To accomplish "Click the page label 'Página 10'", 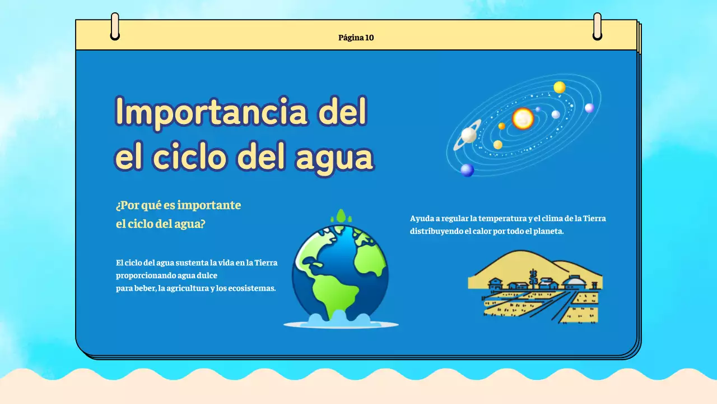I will click(x=356, y=38).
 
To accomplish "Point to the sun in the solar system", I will click(x=523, y=118).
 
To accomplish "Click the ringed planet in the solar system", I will click(x=469, y=135).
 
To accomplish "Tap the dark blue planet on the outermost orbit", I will click(x=467, y=169).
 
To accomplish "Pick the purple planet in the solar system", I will click(x=589, y=108).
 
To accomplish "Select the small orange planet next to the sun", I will click(x=502, y=126).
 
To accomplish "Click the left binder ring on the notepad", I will click(x=115, y=26).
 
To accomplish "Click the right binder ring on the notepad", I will click(x=597, y=26).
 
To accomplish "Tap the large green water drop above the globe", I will click(x=340, y=216).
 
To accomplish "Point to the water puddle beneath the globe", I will click(x=341, y=323).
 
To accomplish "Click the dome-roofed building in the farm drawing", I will click(x=575, y=280).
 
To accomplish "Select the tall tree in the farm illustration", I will click(x=533, y=277).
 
